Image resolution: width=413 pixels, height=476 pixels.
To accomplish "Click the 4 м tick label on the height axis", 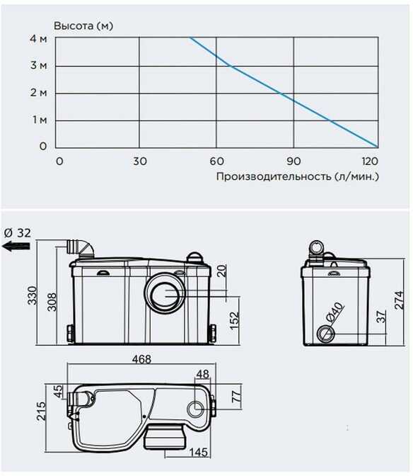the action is [38, 38].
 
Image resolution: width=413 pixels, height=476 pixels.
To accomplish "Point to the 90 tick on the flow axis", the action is [293, 161].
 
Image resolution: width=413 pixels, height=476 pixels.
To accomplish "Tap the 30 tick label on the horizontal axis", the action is [140, 161].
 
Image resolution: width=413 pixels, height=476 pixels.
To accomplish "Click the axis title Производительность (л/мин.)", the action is [298, 176].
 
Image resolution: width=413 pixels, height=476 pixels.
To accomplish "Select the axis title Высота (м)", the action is [83, 25].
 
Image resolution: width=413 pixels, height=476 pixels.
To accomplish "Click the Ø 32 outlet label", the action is [18, 233].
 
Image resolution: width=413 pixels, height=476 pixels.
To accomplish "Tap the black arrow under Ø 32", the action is [16, 246].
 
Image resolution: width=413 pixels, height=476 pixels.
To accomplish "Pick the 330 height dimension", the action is [33, 295].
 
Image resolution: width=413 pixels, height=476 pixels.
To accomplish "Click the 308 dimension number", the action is [52, 302].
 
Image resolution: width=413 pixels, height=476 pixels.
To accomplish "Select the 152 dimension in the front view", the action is [234, 321].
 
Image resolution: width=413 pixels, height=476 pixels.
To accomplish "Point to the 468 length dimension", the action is [141, 359].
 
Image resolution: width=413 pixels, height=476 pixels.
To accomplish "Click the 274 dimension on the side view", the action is [399, 300].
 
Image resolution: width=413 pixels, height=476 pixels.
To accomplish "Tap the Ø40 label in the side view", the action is [335, 312].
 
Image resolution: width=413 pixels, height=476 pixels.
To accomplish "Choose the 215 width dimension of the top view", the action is [41, 411].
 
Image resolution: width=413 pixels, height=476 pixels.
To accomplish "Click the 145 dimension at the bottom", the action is [199, 453].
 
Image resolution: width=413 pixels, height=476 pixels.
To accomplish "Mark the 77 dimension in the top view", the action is [236, 397].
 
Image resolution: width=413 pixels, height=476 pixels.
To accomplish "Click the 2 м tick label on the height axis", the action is [38, 93].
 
